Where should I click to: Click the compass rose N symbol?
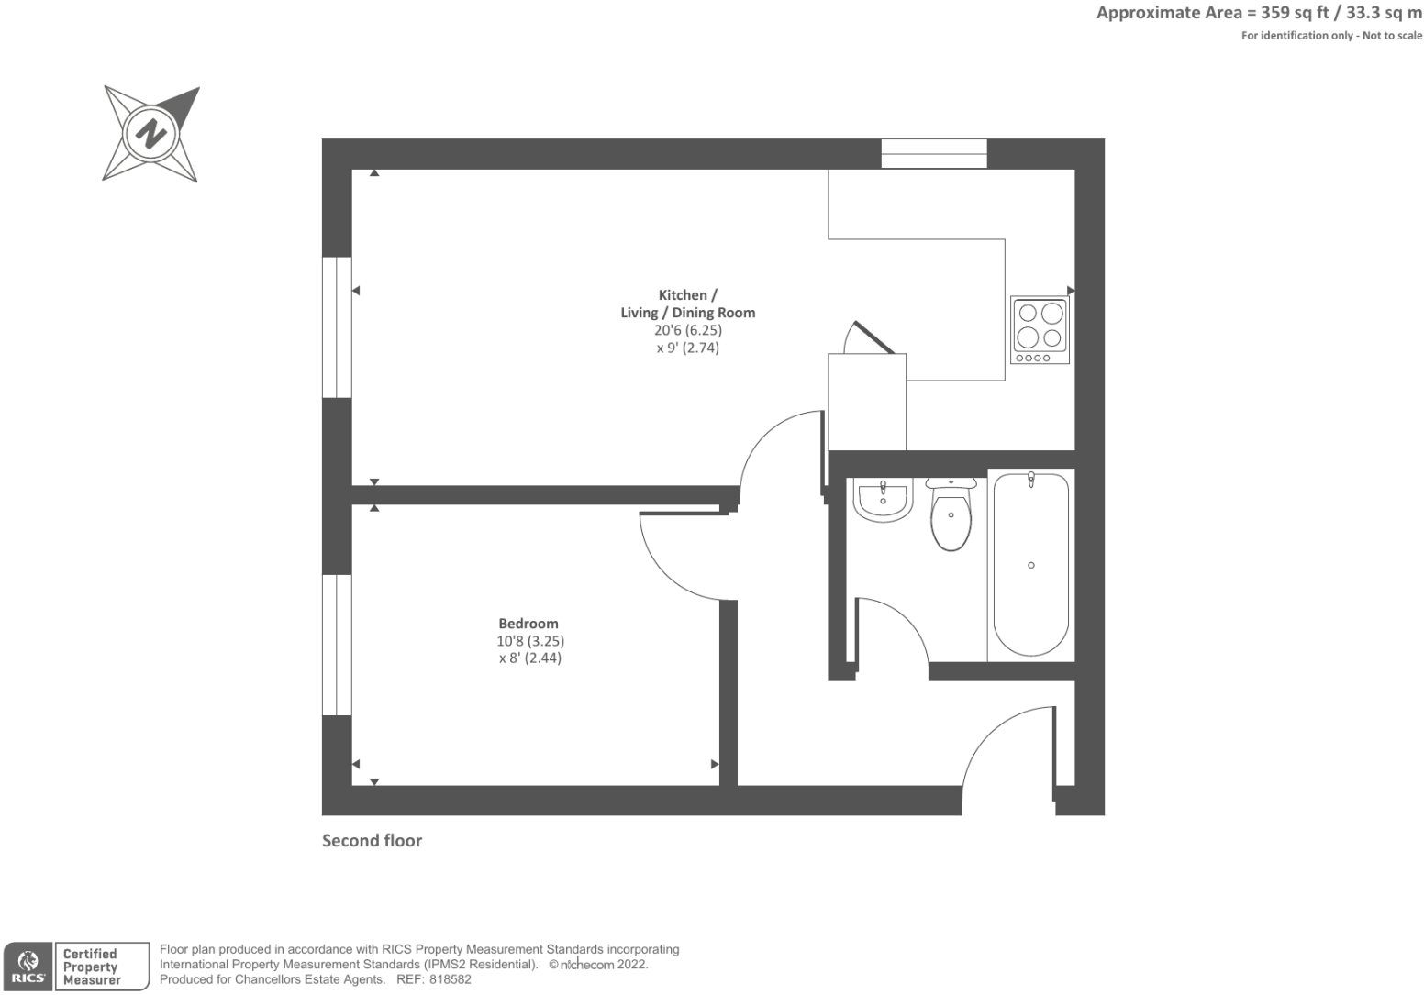pyautogui.click(x=150, y=134)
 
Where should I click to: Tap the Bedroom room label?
pyautogui.click(x=528, y=624)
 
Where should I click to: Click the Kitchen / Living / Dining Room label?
pyautogui.click(x=687, y=304)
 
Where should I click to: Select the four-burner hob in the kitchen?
pyautogui.click(x=1040, y=329)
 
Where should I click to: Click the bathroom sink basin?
pyautogui.click(x=883, y=500)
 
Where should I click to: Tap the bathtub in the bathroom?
pyautogui.click(x=1030, y=563)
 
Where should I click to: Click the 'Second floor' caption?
pyautogui.click(x=372, y=841)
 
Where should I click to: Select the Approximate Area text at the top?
pyautogui.click(x=1259, y=13)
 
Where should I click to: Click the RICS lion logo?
pyautogui.click(x=28, y=967)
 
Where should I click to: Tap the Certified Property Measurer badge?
pyautogui.click(x=92, y=967)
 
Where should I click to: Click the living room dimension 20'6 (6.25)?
pyautogui.click(x=688, y=330)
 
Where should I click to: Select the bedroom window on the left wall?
pyautogui.click(x=337, y=645)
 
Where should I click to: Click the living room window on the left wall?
pyautogui.click(x=337, y=326)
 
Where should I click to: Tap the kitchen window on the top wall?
pyautogui.click(x=933, y=153)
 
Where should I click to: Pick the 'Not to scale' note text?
pyautogui.click(x=1392, y=36)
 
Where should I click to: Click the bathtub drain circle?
pyautogui.click(x=1031, y=565)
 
